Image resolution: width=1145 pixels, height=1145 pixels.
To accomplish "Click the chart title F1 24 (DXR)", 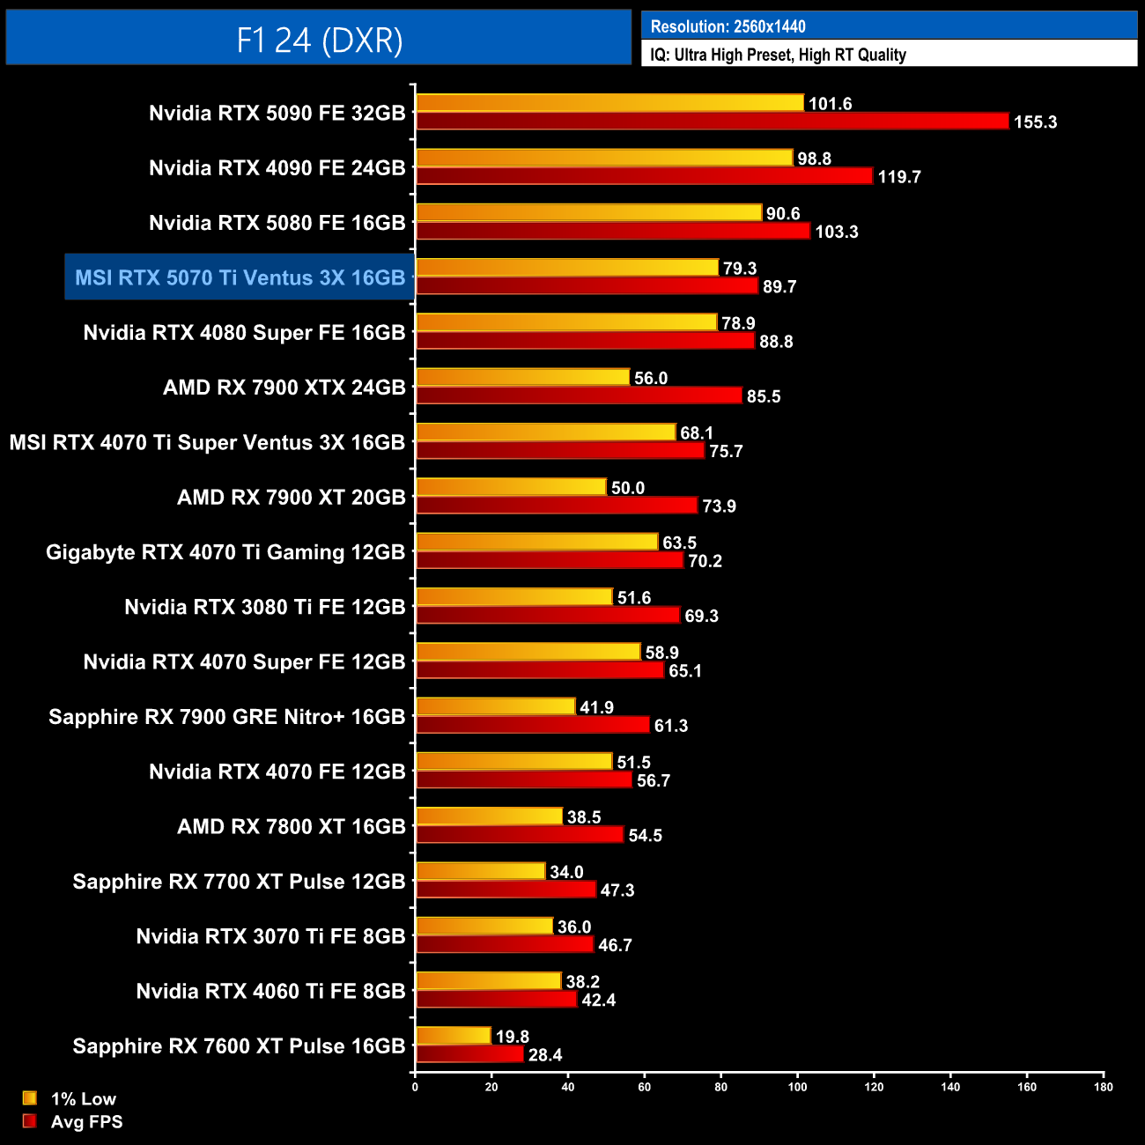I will [319, 40].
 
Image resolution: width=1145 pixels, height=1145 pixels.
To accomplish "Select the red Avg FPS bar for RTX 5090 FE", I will [712, 121].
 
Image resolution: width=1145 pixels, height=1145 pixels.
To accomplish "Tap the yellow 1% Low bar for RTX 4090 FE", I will [604, 158].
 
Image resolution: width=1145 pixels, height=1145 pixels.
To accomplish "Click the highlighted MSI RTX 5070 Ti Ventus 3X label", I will [240, 277].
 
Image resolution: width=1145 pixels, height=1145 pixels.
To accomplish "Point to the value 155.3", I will [1035, 122].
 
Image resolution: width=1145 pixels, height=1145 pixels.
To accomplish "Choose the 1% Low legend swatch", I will [30, 1097].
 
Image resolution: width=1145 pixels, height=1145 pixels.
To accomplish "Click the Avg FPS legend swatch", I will [30, 1121].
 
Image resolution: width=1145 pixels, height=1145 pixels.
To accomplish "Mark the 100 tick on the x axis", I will [797, 1087].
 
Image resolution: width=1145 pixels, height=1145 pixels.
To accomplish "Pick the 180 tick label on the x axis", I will [1103, 1087].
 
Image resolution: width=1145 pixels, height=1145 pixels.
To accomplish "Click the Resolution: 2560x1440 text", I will [728, 26].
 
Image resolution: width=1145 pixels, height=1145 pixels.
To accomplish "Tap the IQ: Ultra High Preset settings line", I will [778, 55].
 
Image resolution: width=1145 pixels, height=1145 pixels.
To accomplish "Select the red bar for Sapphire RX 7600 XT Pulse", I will [469, 1054].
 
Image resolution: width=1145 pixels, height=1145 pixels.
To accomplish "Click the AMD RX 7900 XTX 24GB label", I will [284, 388].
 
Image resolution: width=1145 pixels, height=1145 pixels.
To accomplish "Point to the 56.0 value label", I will [651, 378].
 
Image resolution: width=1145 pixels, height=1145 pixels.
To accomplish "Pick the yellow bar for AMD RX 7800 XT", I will [489, 816].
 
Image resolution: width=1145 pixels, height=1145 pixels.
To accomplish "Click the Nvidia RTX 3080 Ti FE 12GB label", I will [264, 607].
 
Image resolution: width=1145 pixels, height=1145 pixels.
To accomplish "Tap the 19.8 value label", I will [512, 1037].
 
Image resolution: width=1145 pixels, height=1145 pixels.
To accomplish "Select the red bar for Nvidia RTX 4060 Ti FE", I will [496, 1000].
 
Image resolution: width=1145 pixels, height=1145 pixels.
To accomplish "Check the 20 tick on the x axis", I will [491, 1087].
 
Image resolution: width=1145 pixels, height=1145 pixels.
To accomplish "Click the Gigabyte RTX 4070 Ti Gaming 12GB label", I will [225, 552].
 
